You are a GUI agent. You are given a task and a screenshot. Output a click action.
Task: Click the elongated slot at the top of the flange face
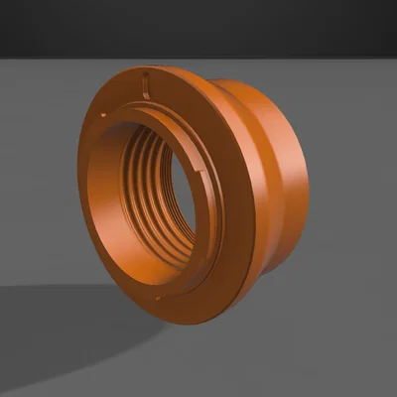146,81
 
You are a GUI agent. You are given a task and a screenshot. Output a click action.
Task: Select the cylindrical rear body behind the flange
283,179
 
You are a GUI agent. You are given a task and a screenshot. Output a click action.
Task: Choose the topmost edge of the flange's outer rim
149,67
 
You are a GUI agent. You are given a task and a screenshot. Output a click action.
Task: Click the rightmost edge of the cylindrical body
308,184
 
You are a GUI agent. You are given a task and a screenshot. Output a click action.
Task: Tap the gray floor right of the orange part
347,248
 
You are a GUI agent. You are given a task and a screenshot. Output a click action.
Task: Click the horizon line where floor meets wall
347,58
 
